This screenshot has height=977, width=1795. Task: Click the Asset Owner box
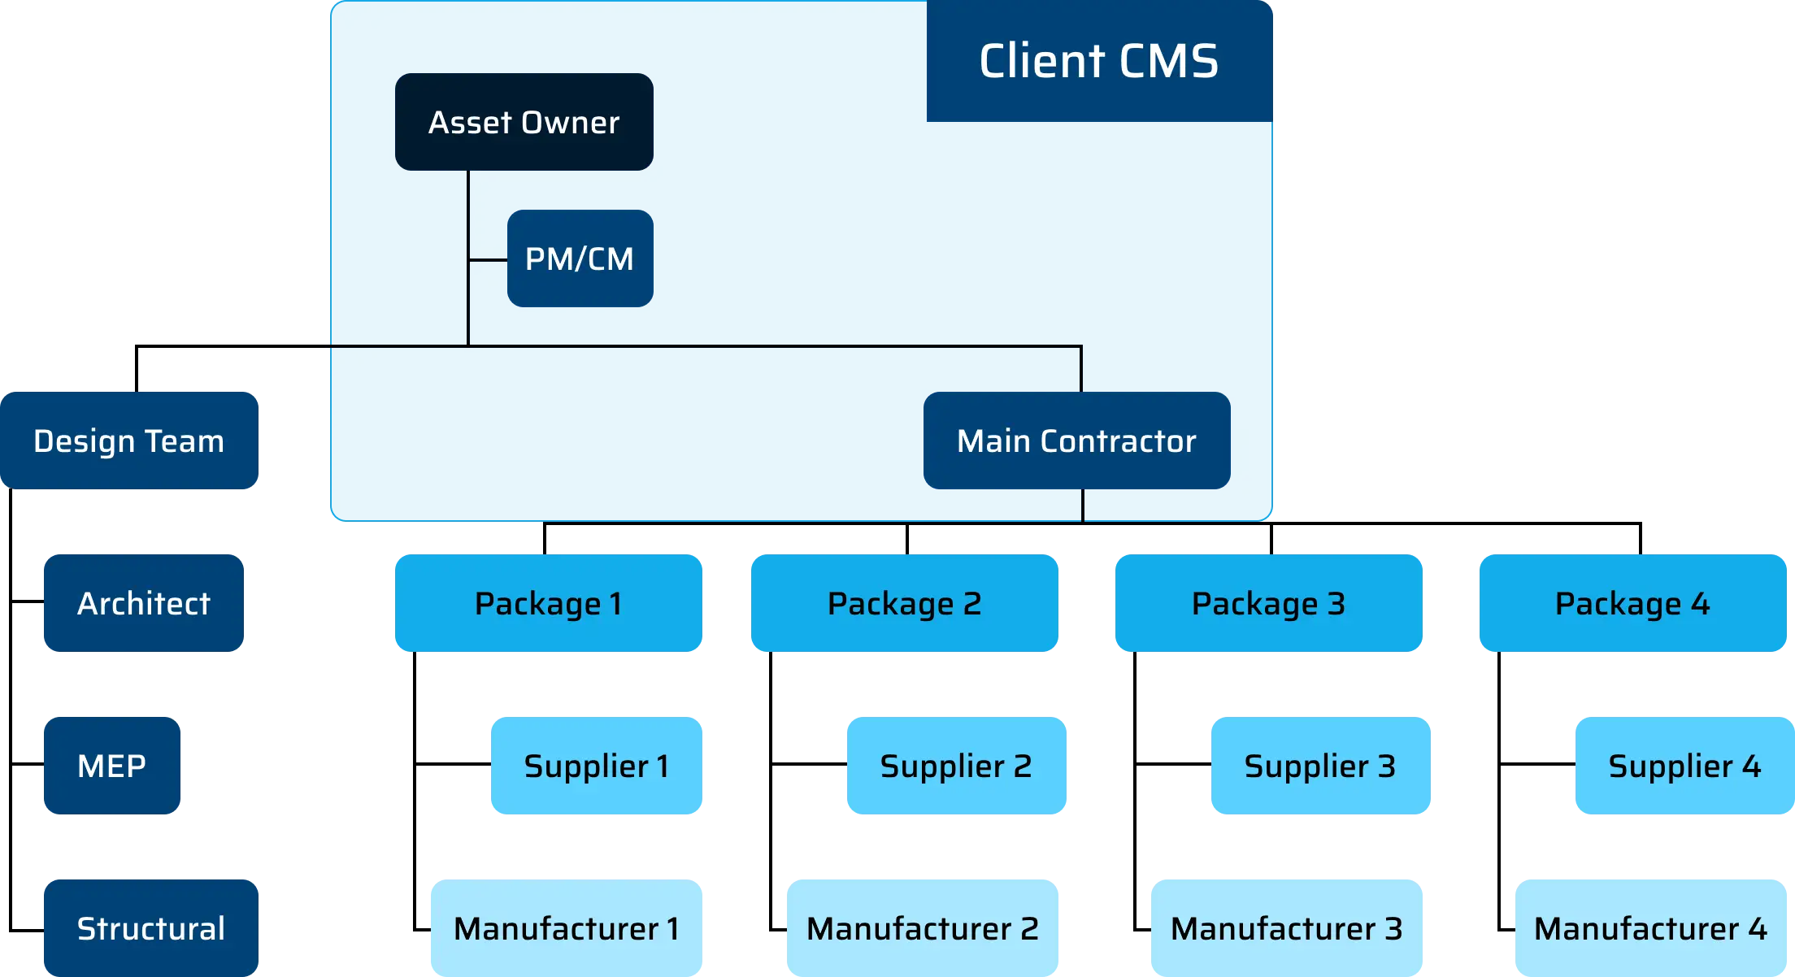pyautogui.click(x=524, y=122)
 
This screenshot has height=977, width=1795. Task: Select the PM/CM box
pyautogui.click(x=580, y=258)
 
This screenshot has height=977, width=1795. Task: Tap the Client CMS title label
pyautogui.click(x=1099, y=61)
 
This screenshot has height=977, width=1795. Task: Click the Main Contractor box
pyautogui.click(x=1076, y=441)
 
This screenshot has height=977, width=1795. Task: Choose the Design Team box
pyautogui.click(x=129, y=441)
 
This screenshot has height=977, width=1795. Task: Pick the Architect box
pyautogui.click(x=143, y=603)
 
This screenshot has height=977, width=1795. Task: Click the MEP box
pyautogui.click(x=111, y=766)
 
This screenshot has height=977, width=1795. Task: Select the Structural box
pyautogui.click(x=150, y=928)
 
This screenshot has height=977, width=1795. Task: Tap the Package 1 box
pyautogui.click(x=547, y=603)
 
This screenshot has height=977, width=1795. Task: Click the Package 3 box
pyautogui.click(x=1268, y=603)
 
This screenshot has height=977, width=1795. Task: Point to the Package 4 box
pyautogui.click(x=1632, y=603)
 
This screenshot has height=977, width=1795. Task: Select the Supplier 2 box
pyautogui.click(x=955, y=766)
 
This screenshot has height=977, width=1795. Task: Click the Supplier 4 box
pyautogui.click(x=1684, y=766)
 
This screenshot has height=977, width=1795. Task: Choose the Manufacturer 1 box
pyautogui.click(x=566, y=928)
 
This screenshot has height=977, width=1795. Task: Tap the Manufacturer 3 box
pyautogui.click(x=1287, y=928)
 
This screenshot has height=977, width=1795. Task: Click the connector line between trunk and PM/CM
pyautogui.click(x=489, y=260)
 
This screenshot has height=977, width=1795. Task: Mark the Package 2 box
pyautogui.click(x=904, y=603)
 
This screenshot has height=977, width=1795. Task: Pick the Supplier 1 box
pyautogui.click(x=595, y=766)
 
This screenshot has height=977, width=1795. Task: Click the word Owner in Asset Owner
pyautogui.click(x=571, y=123)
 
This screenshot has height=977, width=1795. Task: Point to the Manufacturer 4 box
pyautogui.click(x=1650, y=928)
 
